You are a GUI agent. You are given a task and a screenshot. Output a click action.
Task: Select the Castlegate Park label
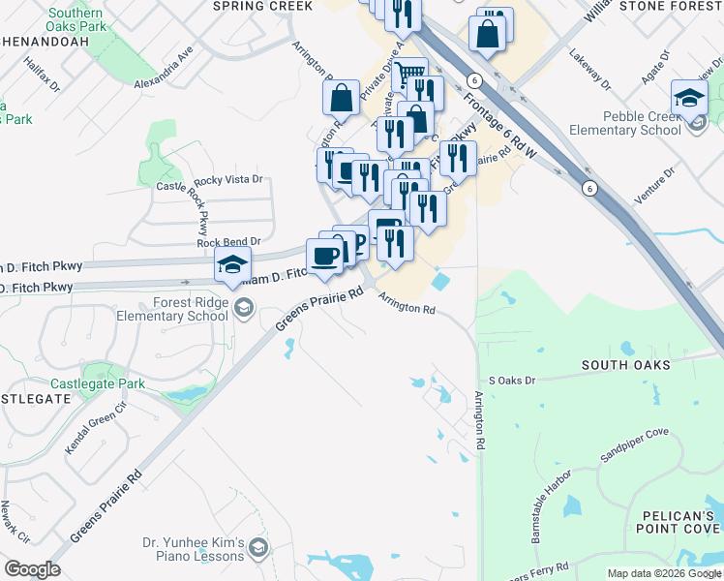coord(97,383)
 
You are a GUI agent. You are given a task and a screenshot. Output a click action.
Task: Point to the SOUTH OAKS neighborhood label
coord(625,365)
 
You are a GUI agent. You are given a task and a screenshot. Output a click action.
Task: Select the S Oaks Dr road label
coord(512,381)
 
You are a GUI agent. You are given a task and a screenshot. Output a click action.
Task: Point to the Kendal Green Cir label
coord(96,429)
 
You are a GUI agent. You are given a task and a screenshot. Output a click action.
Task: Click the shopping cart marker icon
coord(410,75)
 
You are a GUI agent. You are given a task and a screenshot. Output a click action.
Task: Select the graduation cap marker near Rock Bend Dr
coord(232,264)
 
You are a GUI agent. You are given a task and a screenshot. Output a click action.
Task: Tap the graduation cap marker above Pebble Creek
coord(689,97)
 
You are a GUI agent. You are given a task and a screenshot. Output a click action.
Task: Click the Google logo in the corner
coord(32,569)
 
